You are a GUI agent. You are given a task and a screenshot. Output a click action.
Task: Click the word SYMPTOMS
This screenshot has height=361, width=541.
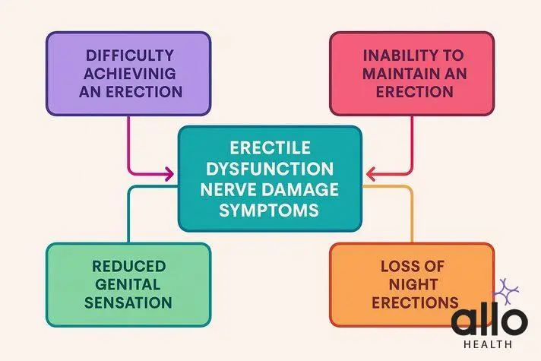point(269,209)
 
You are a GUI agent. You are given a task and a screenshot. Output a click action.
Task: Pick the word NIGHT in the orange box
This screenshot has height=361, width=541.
point(410,284)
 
